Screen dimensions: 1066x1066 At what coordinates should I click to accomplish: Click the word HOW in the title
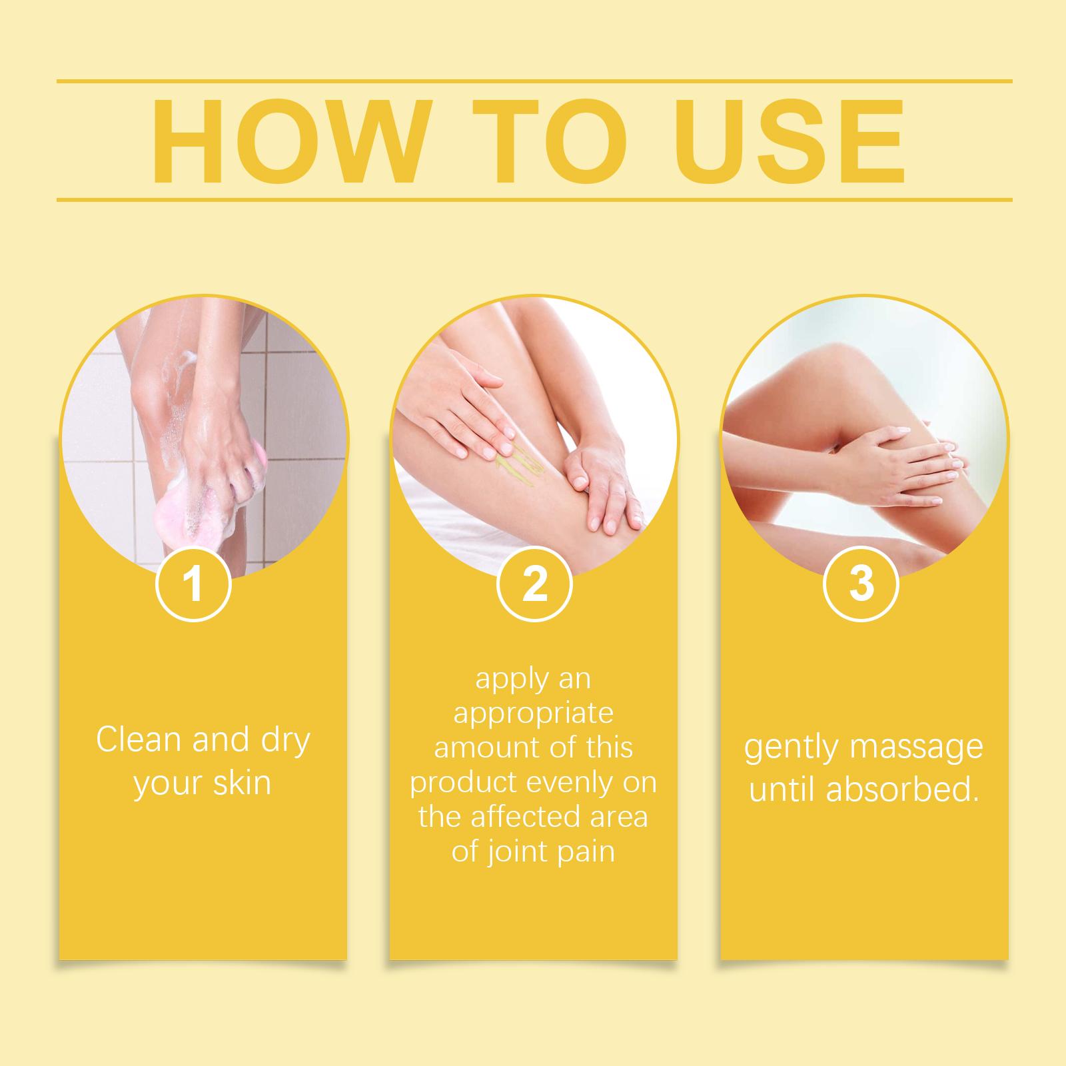pyautogui.click(x=288, y=141)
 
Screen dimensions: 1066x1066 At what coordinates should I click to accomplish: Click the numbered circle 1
pyautogui.click(x=193, y=584)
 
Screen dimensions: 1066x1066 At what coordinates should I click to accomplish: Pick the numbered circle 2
pyautogui.click(x=534, y=584)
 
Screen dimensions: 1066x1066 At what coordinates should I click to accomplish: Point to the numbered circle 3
pyautogui.click(x=861, y=584)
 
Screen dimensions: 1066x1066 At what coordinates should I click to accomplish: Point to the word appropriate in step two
pyautogui.click(x=533, y=714)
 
